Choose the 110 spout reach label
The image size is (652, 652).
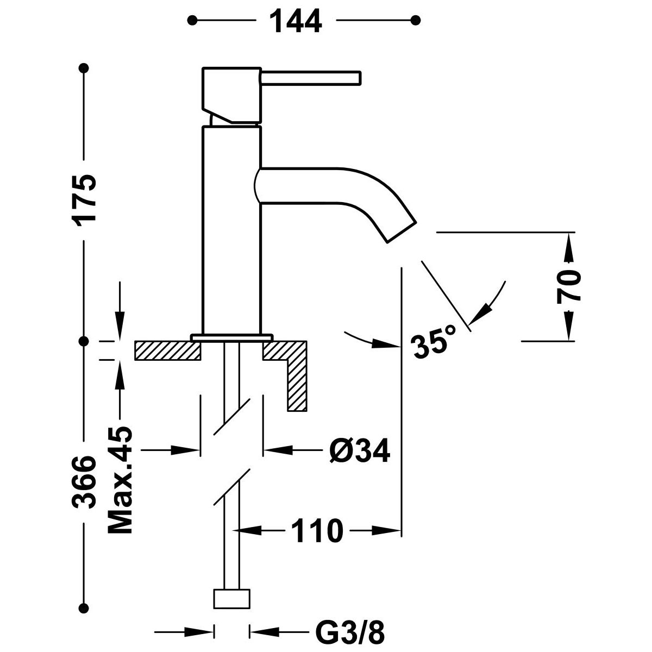coord(318,531)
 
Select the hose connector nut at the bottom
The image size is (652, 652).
coord(233,598)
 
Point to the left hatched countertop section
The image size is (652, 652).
coord(167,350)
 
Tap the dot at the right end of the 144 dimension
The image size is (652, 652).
coord(416,21)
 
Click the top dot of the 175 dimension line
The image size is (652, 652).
coord(84,68)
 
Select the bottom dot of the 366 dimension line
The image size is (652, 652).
coord(84,622)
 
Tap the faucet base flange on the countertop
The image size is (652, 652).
coord(230,338)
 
